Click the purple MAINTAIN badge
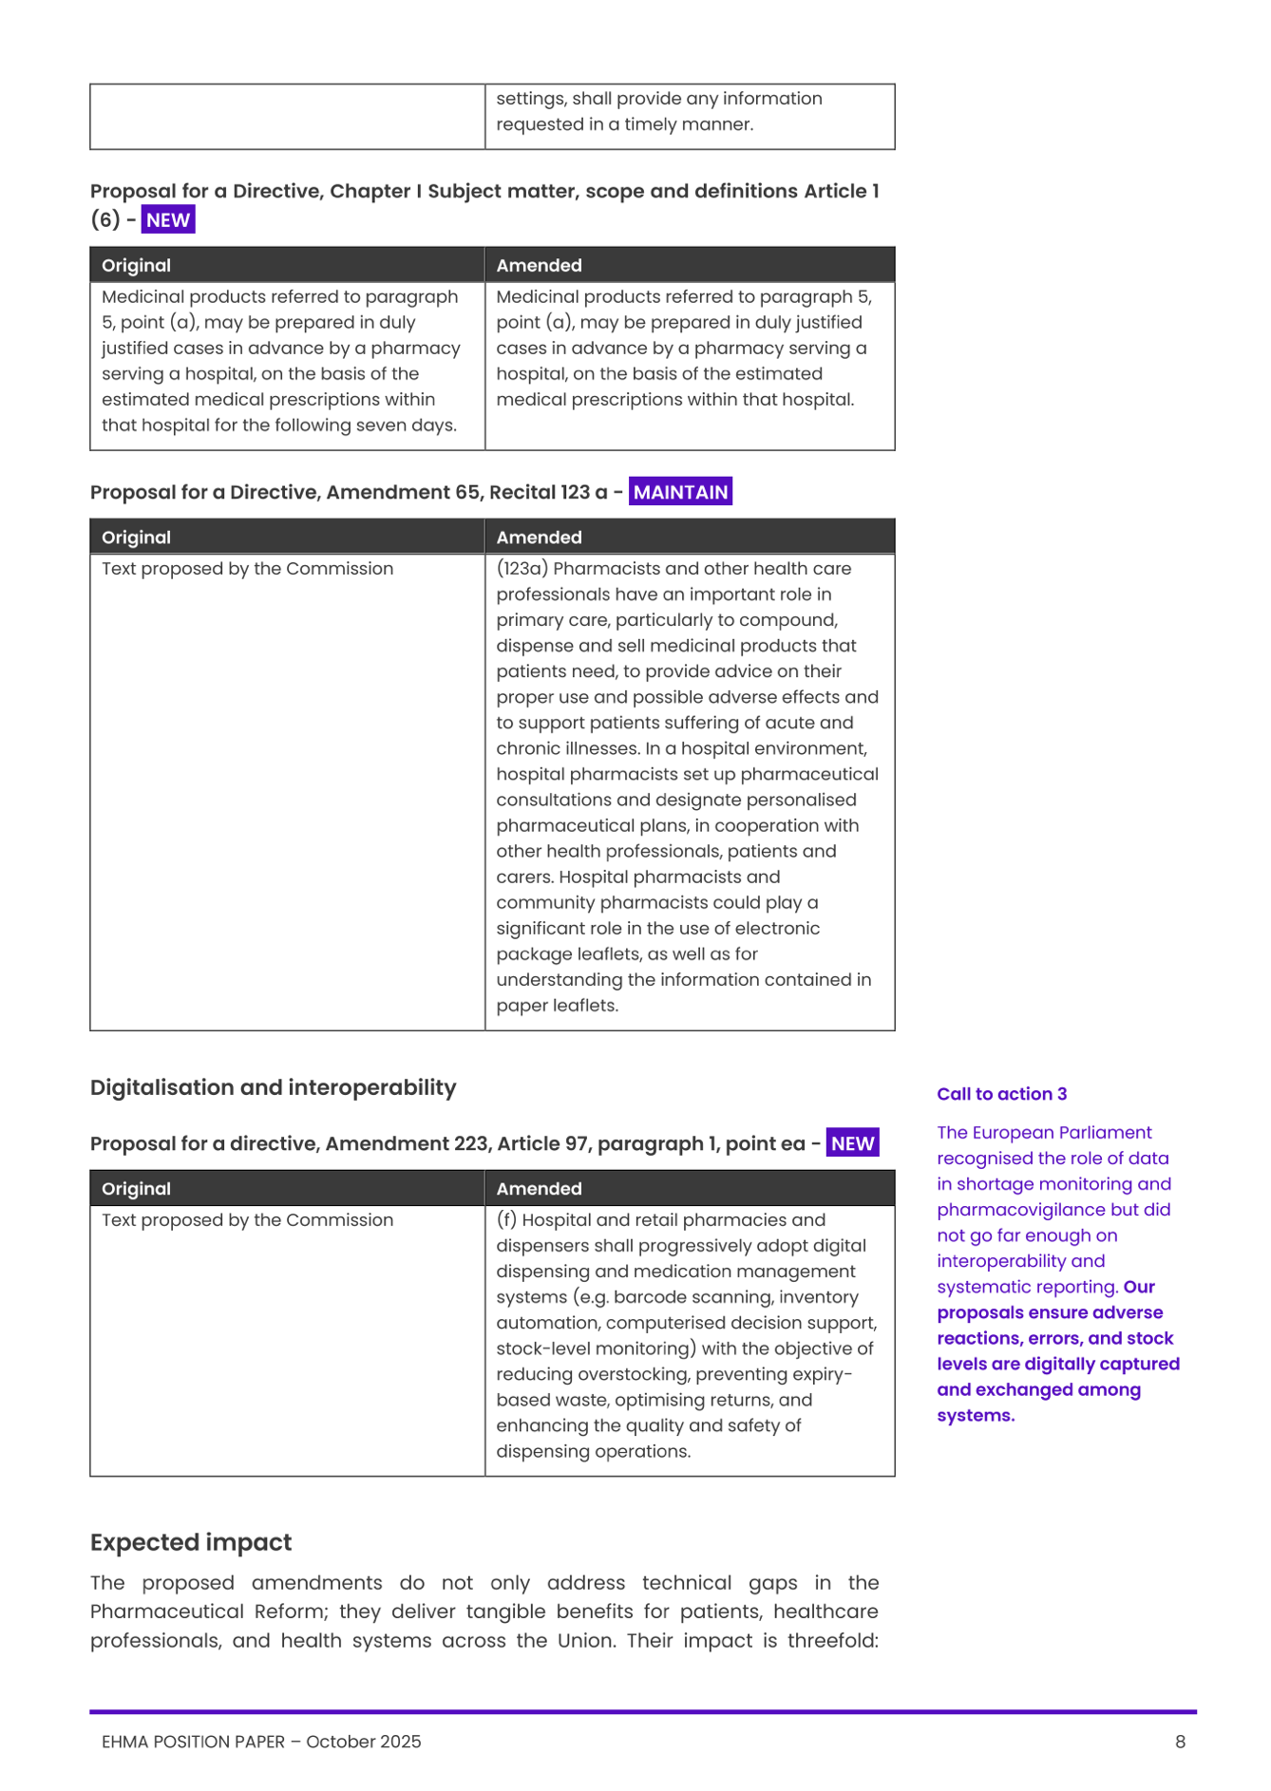tap(680, 492)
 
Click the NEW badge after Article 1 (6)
tap(168, 220)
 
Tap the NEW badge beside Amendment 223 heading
tap(852, 1143)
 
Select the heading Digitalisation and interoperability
tap(273, 1087)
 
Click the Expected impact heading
tap(191, 1542)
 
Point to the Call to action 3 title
tap(1001, 1094)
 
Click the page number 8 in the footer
tap(1180, 1742)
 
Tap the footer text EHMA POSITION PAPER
tap(193, 1742)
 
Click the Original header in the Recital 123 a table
tap(136, 537)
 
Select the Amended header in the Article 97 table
tap(539, 1189)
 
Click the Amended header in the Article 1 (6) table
tap(539, 266)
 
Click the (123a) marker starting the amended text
tap(522, 569)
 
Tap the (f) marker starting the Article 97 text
tap(506, 1220)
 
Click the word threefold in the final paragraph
tap(832, 1641)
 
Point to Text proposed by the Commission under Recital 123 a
tap(247, 569)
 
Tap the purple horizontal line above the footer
tap(643, 1712)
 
